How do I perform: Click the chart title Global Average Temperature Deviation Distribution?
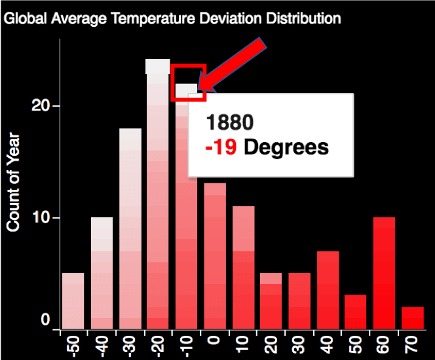click(172, 18)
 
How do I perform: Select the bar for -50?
click(73, 300)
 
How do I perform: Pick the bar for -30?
click(130, 228)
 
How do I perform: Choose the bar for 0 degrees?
click(215, 256)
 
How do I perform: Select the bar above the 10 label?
click(243, 268)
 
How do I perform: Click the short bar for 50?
click(356, 312)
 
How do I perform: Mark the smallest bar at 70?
click(413, 318)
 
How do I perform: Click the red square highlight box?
click(189, 82)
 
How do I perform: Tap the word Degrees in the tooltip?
click(286, 147)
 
